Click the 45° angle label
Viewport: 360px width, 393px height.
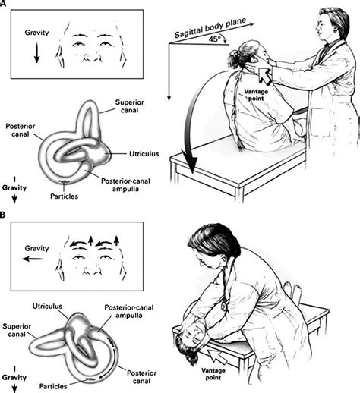[x=215, y=39]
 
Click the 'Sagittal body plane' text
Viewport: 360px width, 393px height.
[x=210, y=28]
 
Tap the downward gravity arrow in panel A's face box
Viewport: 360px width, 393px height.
[x=36, y=52]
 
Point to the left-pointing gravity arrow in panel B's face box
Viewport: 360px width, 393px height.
[x=33, y=259]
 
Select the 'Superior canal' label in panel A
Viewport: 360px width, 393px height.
[x=129, y=106]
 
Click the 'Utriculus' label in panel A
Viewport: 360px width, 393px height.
[x=144, y=154]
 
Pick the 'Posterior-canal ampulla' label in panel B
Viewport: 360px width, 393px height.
[x=129, y=311]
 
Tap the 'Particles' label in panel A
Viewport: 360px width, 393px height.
[x=64, y=196]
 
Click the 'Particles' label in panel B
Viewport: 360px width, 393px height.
[x=53, y=386]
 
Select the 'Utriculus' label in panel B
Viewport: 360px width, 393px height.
[x=47, y=307]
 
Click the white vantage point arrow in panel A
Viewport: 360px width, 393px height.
[x=265, y=77]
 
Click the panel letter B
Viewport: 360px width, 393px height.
[x=2, y=215]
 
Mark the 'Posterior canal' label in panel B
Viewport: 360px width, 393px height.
[x=141, y=377]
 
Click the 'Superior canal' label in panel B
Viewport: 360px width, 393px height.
[x=17, y=330]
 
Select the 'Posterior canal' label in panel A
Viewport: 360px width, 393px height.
[x=21, y=130]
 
